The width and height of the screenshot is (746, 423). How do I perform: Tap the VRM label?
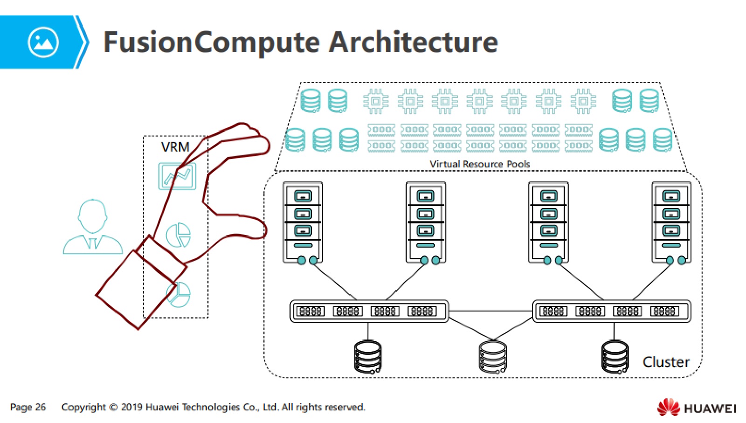pos(175,147)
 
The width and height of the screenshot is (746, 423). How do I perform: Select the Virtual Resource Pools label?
pos(480,164)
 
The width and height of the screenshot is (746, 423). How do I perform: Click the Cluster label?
pos(665,362)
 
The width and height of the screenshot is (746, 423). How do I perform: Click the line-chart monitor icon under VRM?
pos(177,176)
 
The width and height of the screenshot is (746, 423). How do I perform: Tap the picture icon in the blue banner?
pos(43,42)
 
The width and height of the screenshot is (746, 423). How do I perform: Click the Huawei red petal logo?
pos(669,407)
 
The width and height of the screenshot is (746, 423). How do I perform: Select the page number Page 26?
pos(28,407)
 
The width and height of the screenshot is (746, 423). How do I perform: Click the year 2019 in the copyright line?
pos(131,407)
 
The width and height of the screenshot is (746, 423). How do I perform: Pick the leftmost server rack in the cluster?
pos(303,222)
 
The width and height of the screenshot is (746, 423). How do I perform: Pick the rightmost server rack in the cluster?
pos(671,222)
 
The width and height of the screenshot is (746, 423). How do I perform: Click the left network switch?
pos(369,311)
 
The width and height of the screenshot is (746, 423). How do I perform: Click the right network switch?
pos(611,311)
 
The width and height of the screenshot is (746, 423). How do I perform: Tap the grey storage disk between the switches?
pos(493,357)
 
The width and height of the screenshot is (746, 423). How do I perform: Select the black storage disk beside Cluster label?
pos(615,357)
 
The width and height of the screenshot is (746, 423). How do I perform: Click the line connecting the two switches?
pos(490,311)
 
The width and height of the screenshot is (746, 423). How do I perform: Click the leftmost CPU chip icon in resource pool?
pos(375,101)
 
